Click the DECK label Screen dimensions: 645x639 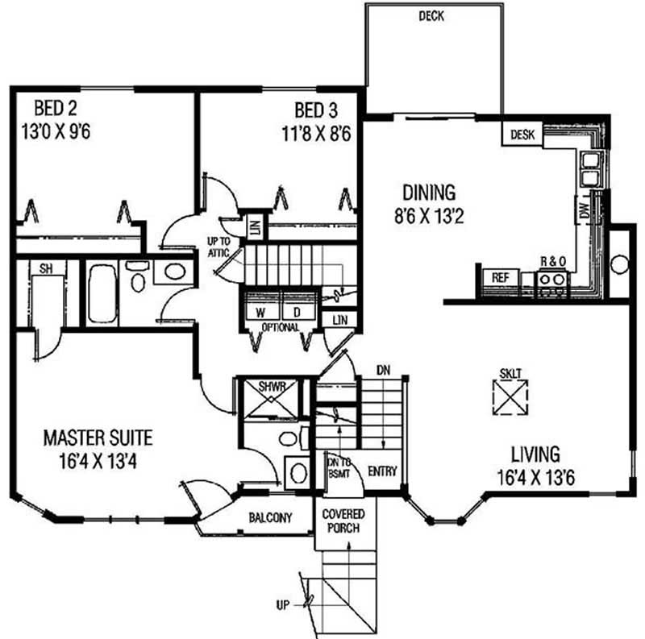(431, 16)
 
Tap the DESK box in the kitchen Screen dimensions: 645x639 (522, 134)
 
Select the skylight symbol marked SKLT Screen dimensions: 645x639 (510, 396)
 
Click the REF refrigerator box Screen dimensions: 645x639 (500, 277)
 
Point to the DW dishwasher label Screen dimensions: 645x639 (585, 210)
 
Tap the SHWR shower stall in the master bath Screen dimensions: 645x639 (272, 398)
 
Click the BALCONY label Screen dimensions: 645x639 (270, 517)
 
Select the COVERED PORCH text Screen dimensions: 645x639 (343, 521)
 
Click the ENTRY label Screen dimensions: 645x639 (382, 471)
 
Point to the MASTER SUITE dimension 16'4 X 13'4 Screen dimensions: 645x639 (98, 462)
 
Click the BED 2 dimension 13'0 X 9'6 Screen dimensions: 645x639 (56, 132)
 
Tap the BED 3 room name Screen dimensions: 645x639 (316, 110)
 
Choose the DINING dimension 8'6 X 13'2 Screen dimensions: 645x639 (429, 216)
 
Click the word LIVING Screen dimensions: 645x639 (535, 454)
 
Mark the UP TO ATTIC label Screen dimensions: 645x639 (218, 247)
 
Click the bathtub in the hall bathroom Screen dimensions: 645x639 (102, 293)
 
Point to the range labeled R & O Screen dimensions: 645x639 (551, 282)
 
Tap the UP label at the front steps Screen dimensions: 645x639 (283, 605)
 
